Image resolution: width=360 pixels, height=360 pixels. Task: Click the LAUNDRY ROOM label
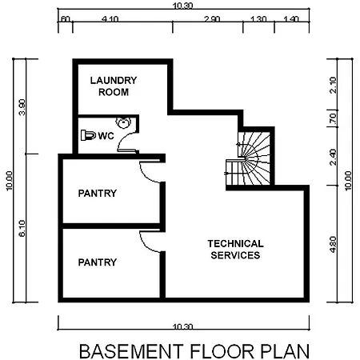pos(114,86)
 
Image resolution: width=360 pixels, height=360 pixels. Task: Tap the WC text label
pos(106,136)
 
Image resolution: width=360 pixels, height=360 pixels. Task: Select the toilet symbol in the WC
pos(88,135)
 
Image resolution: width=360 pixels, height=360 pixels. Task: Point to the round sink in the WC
pos(123,122)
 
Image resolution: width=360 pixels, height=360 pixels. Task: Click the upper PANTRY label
pos(98,193)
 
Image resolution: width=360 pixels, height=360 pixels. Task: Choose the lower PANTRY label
pos(98,262)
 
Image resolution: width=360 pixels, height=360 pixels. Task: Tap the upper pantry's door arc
pos(146,177)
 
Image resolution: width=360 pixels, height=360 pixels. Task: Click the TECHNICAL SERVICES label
pos(235,250)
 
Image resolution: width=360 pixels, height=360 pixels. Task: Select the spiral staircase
pos(250,158)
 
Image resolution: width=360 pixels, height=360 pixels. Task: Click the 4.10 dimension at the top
pos(110,19)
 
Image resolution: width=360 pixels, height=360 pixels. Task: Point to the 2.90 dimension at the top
pos(212,19)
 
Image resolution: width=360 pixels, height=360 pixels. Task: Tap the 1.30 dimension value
pos(258,19)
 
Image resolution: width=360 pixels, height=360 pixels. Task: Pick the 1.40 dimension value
pos(291,19)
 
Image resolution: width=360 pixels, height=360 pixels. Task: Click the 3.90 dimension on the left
pos(22,107)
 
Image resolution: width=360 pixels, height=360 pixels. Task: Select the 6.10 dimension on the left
pos(22,228)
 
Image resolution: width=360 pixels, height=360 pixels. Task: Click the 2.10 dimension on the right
pos(333,85)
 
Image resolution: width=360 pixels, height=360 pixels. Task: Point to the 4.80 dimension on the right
pos(333,244)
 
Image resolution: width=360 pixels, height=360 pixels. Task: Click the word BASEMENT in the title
pos(131,351)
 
